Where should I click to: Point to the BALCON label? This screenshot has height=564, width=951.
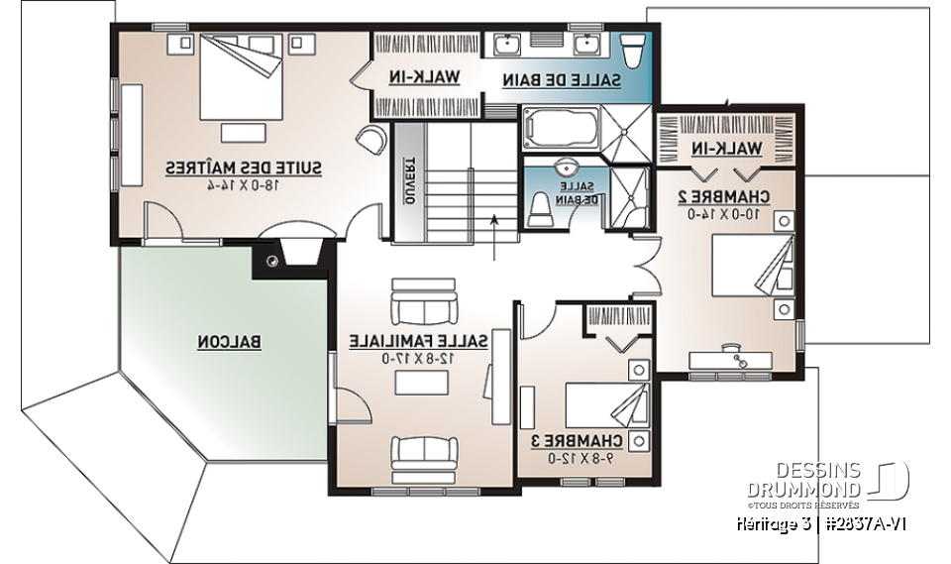pyautogui.click(x=229, y=342)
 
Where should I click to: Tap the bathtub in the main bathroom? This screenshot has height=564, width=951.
pyautogui.click(x=561, y=130)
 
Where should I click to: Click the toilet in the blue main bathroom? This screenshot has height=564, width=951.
pyautogui.click(x=632, y=50)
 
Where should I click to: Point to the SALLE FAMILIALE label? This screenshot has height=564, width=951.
pyautogui.click(x=418, y=341)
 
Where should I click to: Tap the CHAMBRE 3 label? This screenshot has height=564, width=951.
pyautogui.click(x=584, y=441)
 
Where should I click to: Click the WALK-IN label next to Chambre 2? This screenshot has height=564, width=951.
pyautogui.click(x=728, y=148)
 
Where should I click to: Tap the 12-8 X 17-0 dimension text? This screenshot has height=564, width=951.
pyautogui.click(x=418, y=358)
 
